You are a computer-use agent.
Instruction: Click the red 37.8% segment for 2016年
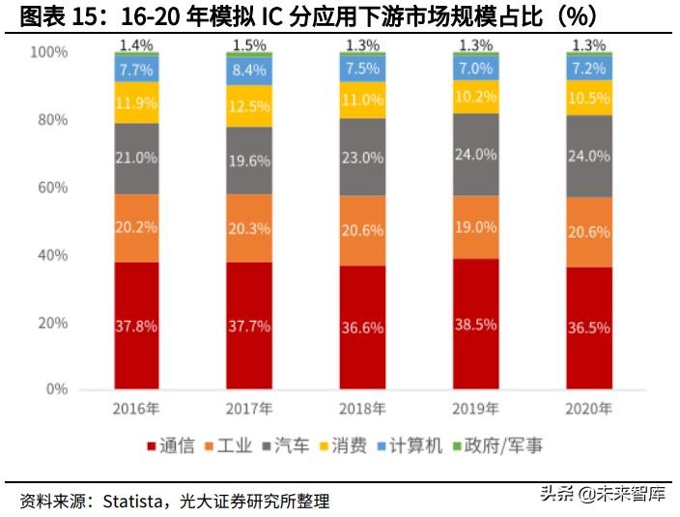136,325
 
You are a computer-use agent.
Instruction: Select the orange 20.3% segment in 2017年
249,228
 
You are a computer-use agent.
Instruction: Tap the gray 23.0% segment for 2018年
362,158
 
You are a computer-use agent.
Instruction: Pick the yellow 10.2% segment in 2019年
476,97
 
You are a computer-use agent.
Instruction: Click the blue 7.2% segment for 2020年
588,70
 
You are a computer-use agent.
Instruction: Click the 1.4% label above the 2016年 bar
136,44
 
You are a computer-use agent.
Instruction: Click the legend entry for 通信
171,445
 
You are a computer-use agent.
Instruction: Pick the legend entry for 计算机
411,445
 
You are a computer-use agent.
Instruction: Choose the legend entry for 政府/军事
497,445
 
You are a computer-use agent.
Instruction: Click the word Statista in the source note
133,501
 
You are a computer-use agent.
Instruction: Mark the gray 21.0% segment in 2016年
136,158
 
